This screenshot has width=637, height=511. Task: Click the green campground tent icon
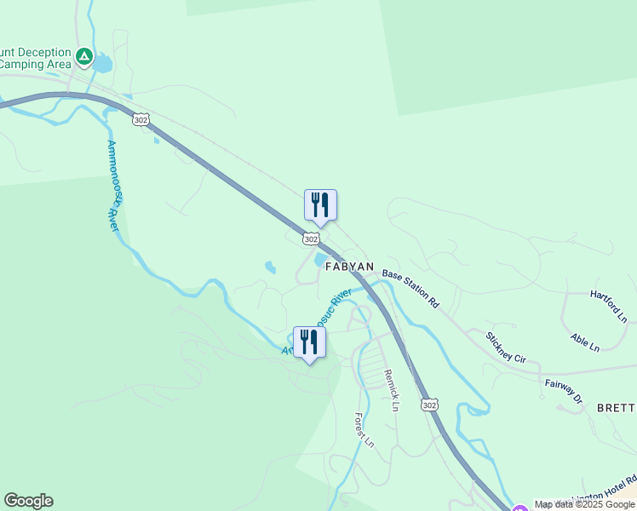click(84, 57)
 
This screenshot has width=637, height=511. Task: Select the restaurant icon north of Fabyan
click(320, 205)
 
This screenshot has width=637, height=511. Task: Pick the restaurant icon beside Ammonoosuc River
click(309, 342)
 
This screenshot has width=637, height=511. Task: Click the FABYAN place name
click(349, 267)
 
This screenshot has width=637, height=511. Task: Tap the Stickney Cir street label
click(506, 347)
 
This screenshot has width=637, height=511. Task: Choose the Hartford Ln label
click(609, 306)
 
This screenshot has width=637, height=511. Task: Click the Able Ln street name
click(585, 342)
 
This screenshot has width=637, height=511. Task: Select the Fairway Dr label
click(564, 390)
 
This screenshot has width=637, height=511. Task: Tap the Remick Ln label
click(390, 390)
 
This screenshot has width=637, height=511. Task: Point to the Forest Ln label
click(364, 430)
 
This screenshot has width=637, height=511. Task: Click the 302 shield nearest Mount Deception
click(141, 120)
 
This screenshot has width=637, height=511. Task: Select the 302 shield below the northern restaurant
click(312, 240)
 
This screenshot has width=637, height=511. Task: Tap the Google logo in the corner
click(28, 501)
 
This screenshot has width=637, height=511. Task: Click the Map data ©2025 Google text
click(585, 504)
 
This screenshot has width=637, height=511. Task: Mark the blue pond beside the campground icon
click(103, 63)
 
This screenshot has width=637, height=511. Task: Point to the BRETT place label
click(617, 407)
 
